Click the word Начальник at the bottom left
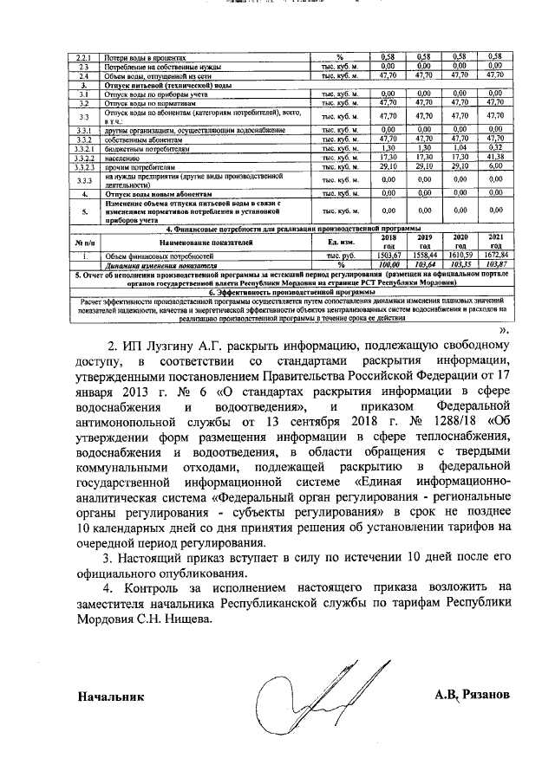pos(110,696)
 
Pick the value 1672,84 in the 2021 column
pos(495,257)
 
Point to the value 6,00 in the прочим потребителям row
pos(495,166)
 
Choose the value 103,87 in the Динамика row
pos(495,265)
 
